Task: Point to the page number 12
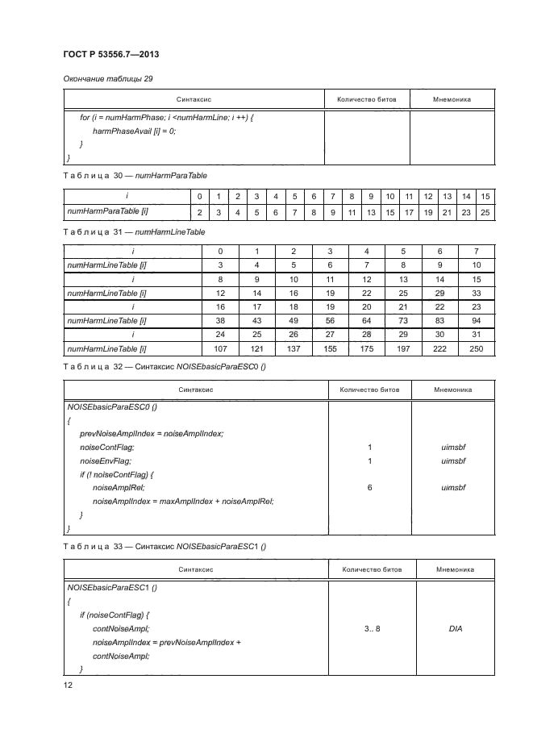pyautogui.click(x=69, y=685)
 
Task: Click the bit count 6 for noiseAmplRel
pyautogui.click(x=369, y=487)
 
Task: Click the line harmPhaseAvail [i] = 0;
pyautogui.click(x=134, y=130)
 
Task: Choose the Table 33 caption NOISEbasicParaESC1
pyautogui.click(x=165, y=546)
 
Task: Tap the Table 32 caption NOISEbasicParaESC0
pyautogui.click(x=165, y=366)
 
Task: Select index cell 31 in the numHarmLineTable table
pyautogui.click(x=476, y=334)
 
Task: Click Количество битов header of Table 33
pyautogui.click(x=372, y=569)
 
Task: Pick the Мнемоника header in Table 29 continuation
pyautogui.click(x=452, y=99)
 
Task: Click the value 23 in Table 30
pyautogui.click(x=466, y=211)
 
